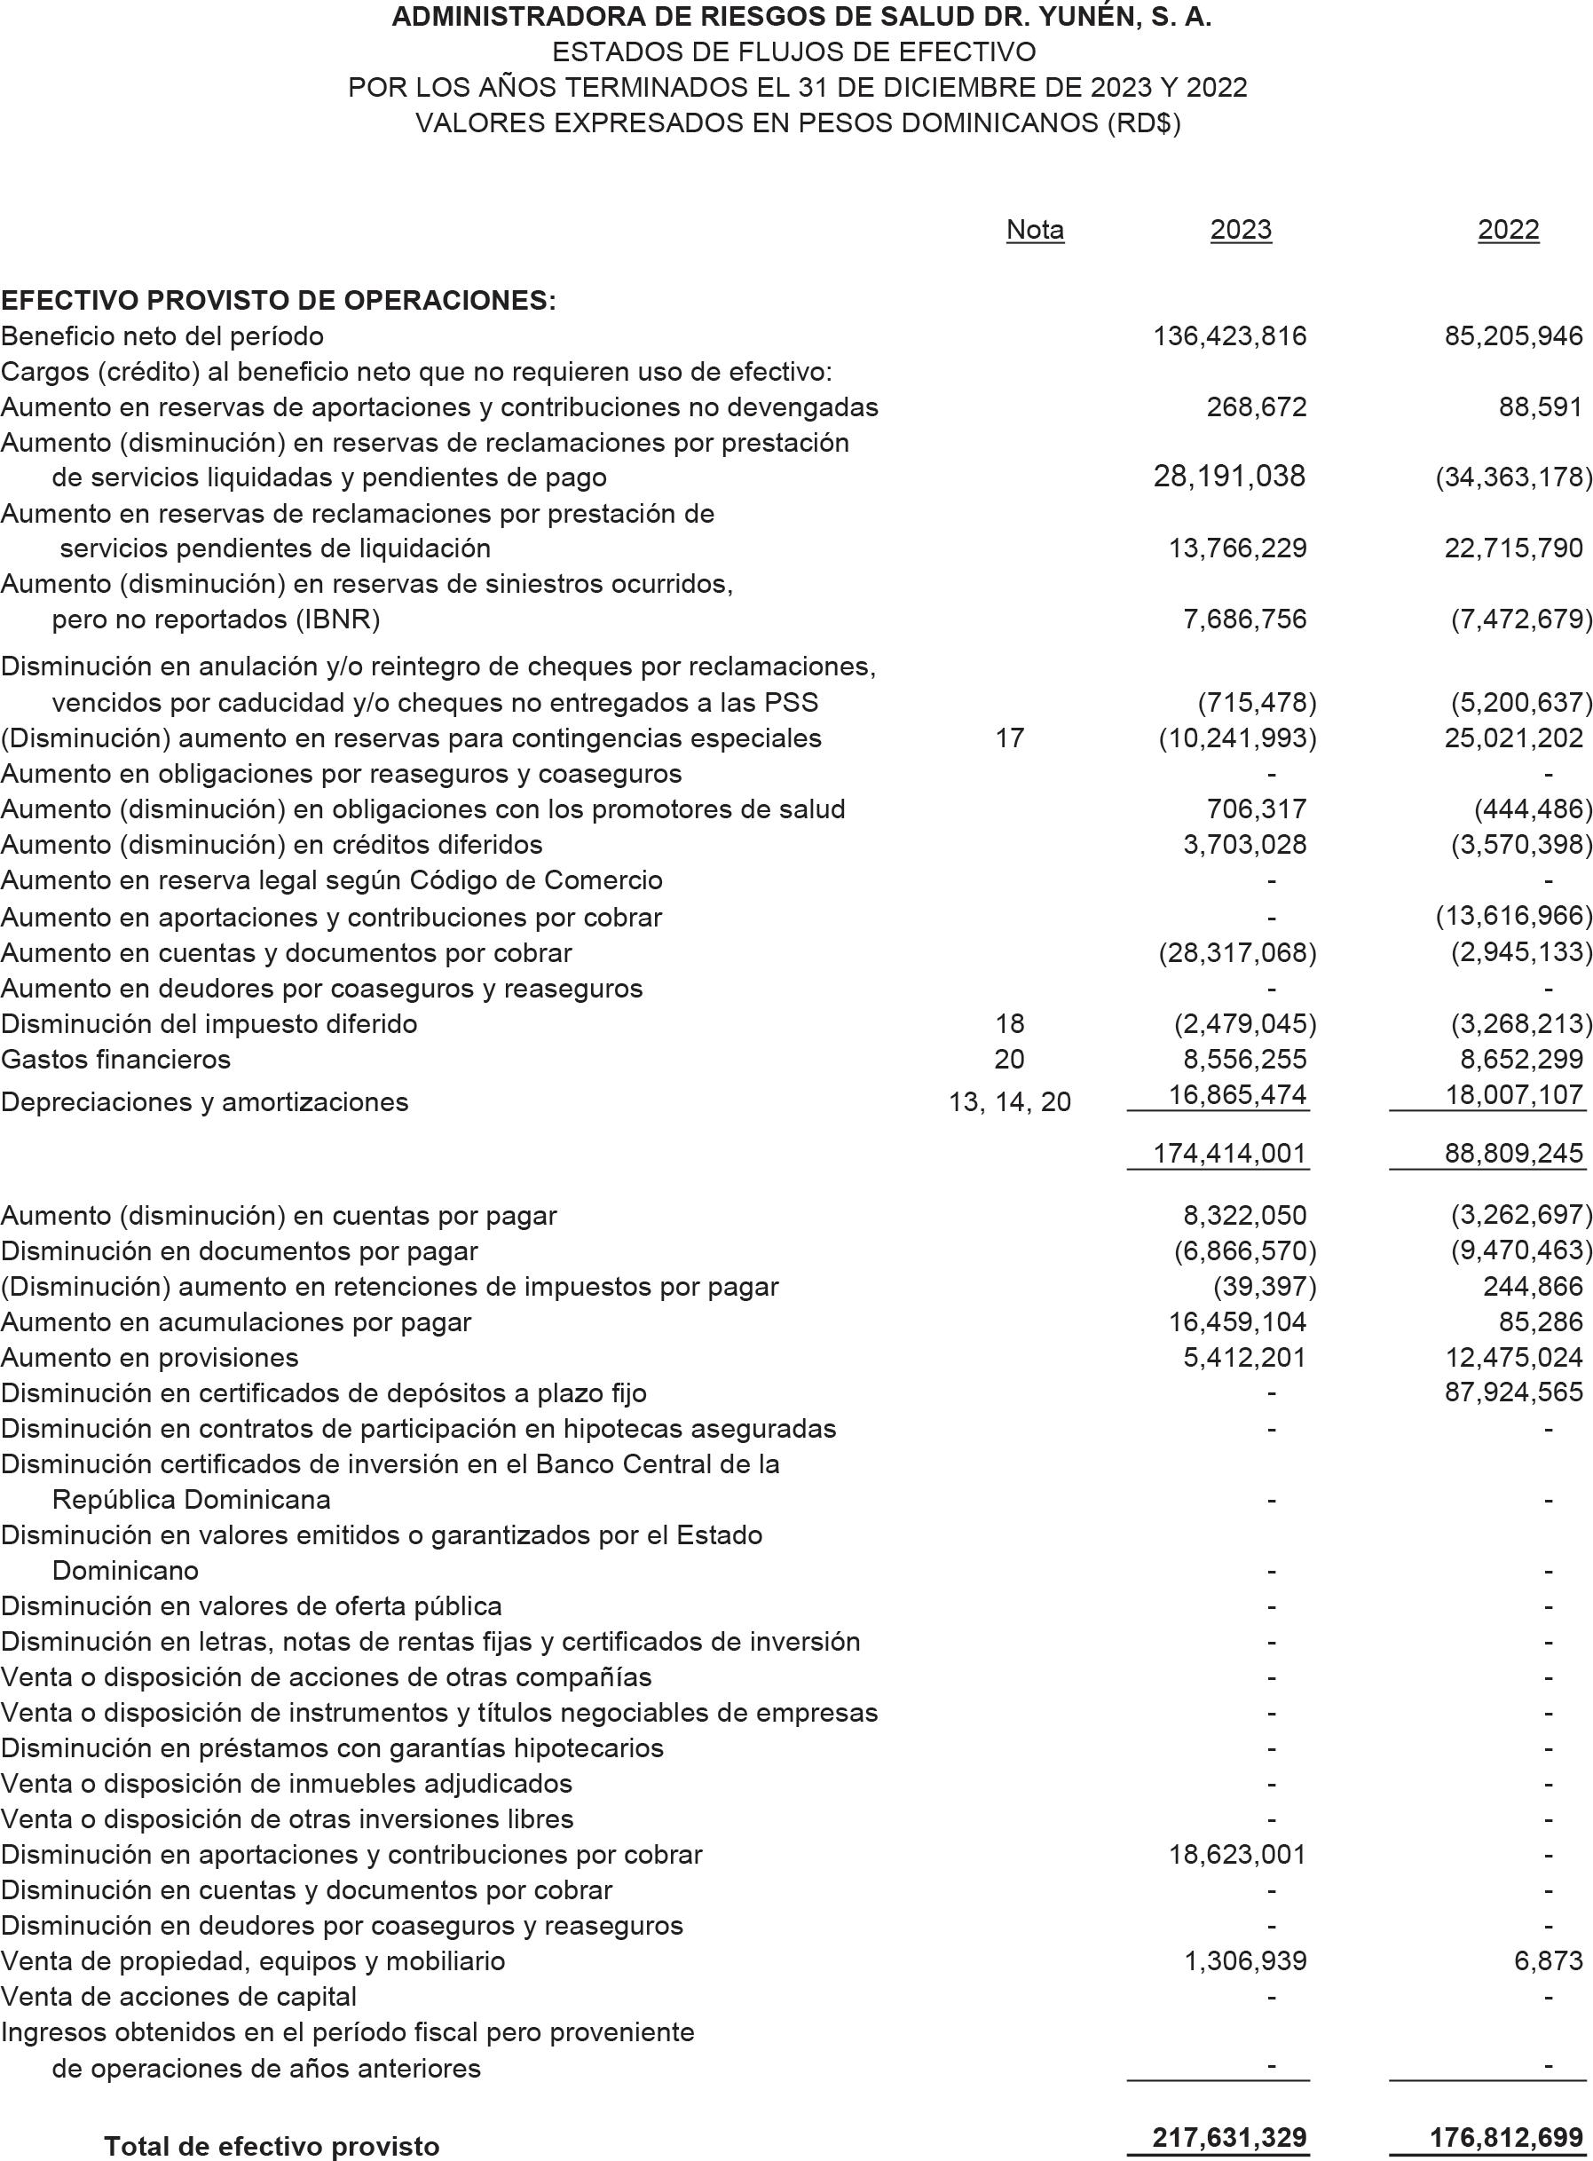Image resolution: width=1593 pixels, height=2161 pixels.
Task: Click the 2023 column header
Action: click(1240, 230)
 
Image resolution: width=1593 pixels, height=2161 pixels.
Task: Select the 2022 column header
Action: click(1508, 230)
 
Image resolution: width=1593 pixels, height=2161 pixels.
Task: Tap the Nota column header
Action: click(1035, 230)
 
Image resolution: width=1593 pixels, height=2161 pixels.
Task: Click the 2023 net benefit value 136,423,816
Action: click(1229, 335)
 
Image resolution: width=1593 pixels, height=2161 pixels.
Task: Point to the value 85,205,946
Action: click(1513, 335)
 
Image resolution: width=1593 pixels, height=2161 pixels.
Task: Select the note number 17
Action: click(1009, 738)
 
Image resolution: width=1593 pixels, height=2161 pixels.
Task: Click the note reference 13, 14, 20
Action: click(1009, 1102)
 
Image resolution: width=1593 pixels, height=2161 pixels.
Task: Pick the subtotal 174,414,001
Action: click(1229, 1154)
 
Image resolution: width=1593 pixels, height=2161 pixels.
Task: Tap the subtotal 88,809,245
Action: click(1513, 1154)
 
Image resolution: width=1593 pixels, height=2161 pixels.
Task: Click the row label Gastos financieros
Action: click(115, 1060)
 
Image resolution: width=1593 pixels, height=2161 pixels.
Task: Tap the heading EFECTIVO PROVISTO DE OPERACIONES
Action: click(278, 300)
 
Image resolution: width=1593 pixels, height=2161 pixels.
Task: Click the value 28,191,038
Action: click(1228, 477)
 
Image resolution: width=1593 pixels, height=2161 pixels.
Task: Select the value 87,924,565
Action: click(1513, 1392)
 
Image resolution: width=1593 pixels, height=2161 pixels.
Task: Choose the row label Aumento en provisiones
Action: click(149, 1358)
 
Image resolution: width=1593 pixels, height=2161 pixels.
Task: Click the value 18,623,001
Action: click(1237, 1854)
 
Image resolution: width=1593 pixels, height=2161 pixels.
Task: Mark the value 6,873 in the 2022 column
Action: click(1548, 1960)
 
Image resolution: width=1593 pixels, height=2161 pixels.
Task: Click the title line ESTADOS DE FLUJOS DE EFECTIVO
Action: click(795, 52)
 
